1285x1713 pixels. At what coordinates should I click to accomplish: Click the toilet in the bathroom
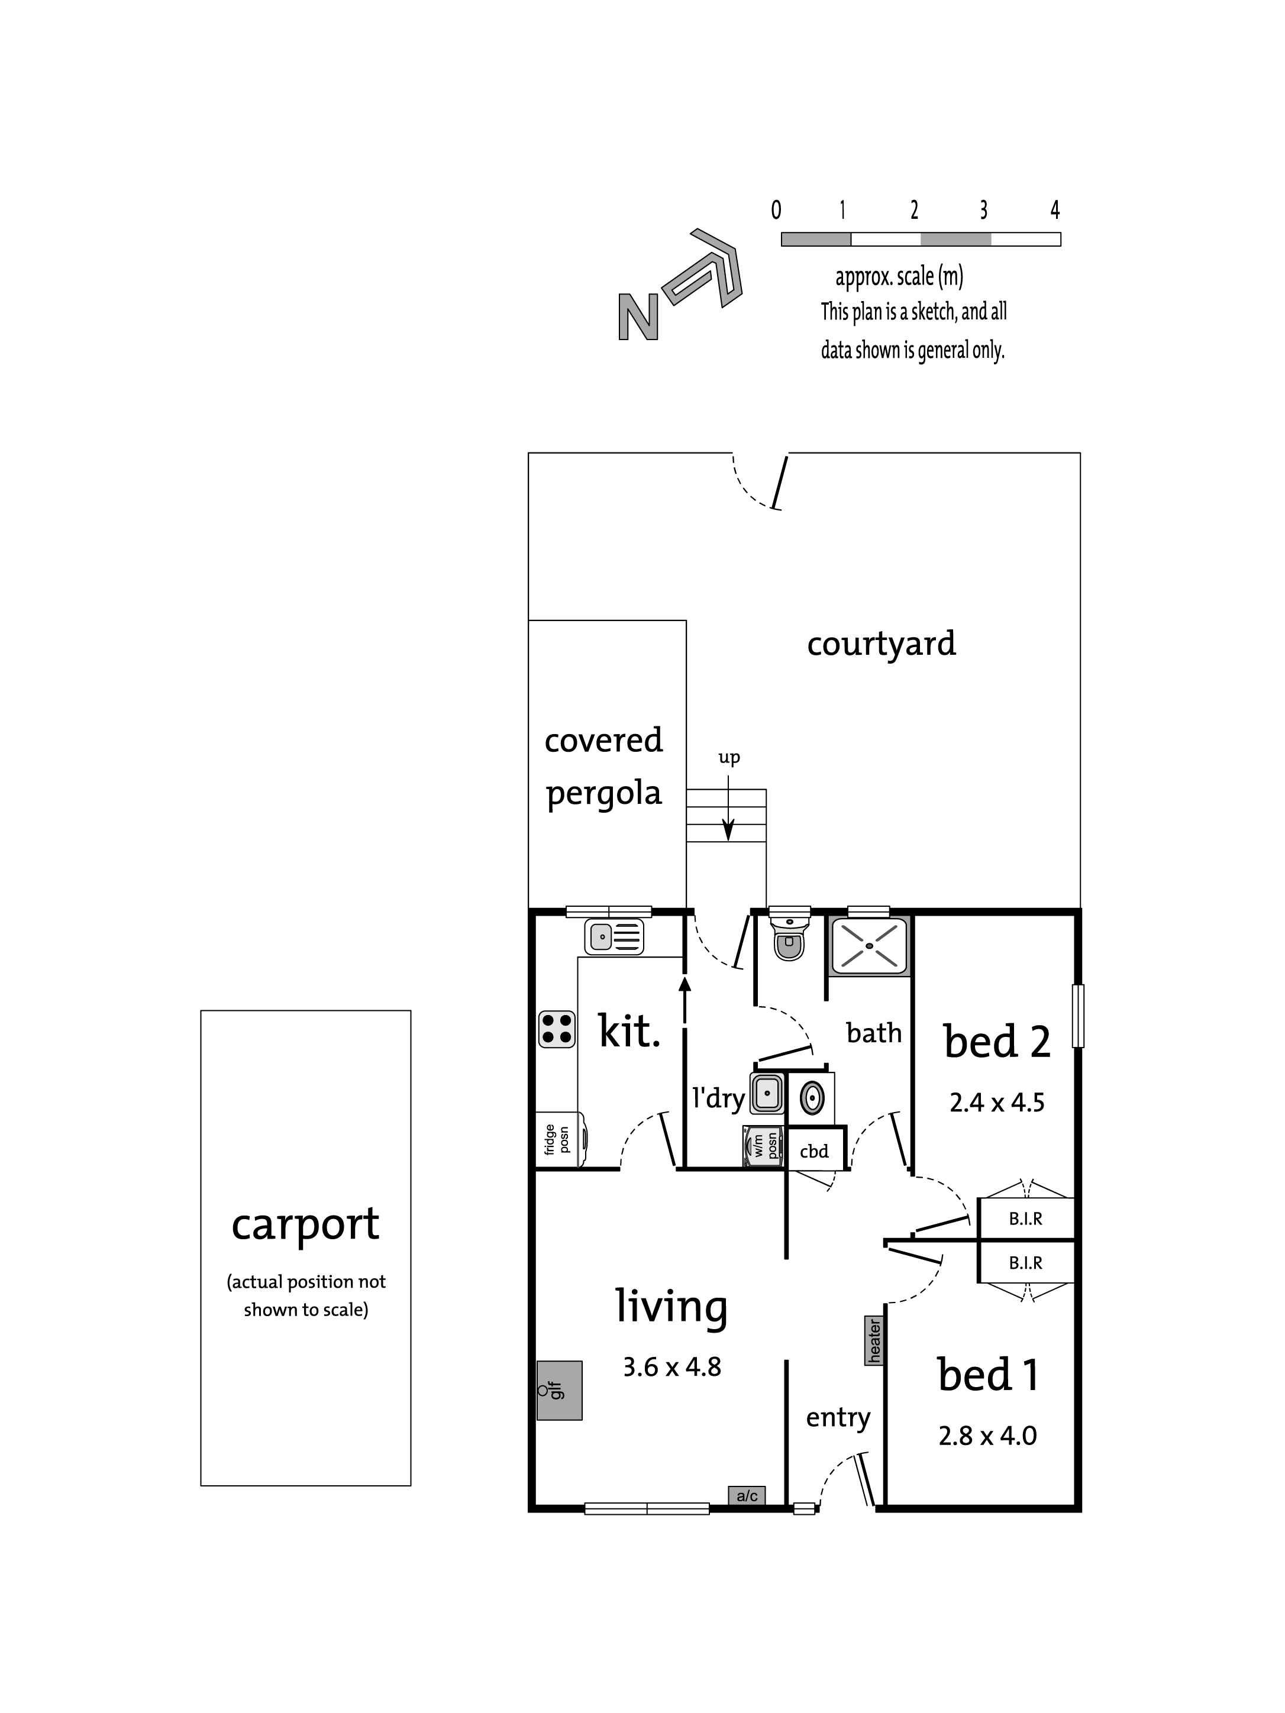[789, 936]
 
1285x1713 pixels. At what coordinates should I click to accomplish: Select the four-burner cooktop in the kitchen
[556, 1029]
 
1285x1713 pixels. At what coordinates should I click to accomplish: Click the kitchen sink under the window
[614, 937]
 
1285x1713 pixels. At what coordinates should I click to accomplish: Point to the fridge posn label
[556, 1139]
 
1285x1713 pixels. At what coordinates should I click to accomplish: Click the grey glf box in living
[559, 1390]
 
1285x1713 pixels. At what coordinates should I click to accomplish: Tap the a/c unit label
[747, 1495]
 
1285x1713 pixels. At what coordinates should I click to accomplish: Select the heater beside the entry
[874, 1342]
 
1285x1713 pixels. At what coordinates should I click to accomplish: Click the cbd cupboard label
[814, 1151]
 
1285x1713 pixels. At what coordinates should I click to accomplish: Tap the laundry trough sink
[766, 1094]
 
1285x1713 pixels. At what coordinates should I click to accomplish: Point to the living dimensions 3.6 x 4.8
[671, 1367]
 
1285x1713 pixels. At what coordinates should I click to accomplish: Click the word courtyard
[882, 644]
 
